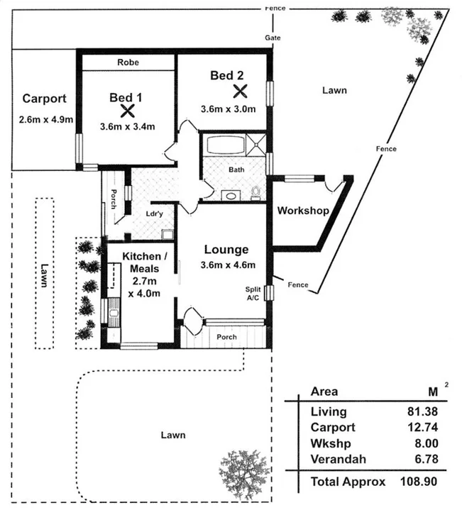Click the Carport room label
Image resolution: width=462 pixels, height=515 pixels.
pos(45,99)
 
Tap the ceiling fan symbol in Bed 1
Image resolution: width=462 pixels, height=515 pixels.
pos(127,111)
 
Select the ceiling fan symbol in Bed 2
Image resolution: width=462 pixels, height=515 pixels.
pos(241,91)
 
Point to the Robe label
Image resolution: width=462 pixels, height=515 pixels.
pos(128,62)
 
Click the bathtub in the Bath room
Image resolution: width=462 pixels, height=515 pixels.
pos(226,145)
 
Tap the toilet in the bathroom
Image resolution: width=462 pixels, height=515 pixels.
pos(255,192)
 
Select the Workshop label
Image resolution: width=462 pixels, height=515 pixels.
pos(303,211)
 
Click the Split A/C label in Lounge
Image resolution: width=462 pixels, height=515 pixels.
pos(253,293)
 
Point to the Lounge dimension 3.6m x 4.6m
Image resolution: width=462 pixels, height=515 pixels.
pos(228,265)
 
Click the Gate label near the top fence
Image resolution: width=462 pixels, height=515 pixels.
pos(273,38)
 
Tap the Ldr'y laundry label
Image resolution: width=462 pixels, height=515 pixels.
pos(154,214)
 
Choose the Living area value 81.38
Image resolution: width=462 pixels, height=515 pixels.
pos(423,411)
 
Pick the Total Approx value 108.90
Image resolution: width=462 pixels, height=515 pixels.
pos(419,482)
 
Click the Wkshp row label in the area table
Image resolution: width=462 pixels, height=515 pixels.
pos(331,444)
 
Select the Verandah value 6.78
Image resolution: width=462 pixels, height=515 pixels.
pos(427,459)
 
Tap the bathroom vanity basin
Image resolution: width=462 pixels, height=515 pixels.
pos(231,196)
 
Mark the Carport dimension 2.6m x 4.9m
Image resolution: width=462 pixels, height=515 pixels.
pos(46,119)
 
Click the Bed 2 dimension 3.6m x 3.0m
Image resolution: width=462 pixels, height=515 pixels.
pos(229,109)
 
